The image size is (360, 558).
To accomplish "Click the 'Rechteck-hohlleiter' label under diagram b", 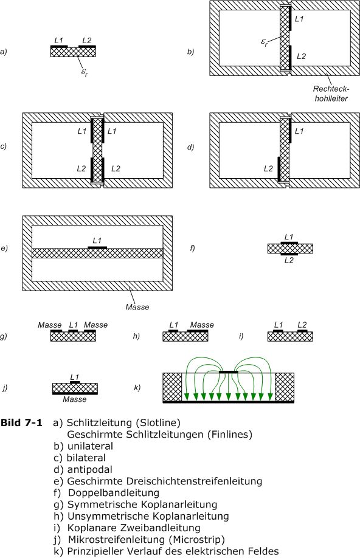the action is pos(331,94).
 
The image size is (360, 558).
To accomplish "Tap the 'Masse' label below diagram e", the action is pos(137,307).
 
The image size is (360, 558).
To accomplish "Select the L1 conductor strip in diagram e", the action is pos(97,247).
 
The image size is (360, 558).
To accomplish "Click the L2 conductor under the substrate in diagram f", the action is pos(289,254).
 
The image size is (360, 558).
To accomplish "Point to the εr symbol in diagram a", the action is pos(85,72).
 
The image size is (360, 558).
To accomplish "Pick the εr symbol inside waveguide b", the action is pos(264,43).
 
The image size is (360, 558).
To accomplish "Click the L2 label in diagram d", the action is pos(268,169).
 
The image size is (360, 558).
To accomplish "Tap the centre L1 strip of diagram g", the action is pos(73,331).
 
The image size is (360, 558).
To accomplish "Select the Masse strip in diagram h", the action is pos(198,331).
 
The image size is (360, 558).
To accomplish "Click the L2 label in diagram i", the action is pos(302,325).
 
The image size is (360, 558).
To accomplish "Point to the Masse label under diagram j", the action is pos(74,399).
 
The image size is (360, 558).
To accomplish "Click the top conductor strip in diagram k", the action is pos(228,372).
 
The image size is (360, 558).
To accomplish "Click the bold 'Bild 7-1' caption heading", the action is pos(21,422).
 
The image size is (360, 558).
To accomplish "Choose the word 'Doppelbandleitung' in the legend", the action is pos(114,493).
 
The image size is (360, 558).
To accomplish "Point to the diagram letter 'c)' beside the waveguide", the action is pos(4,146).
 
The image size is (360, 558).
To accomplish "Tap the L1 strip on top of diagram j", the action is pos(75,382).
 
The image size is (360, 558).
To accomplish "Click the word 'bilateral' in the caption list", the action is pos(86,458).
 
